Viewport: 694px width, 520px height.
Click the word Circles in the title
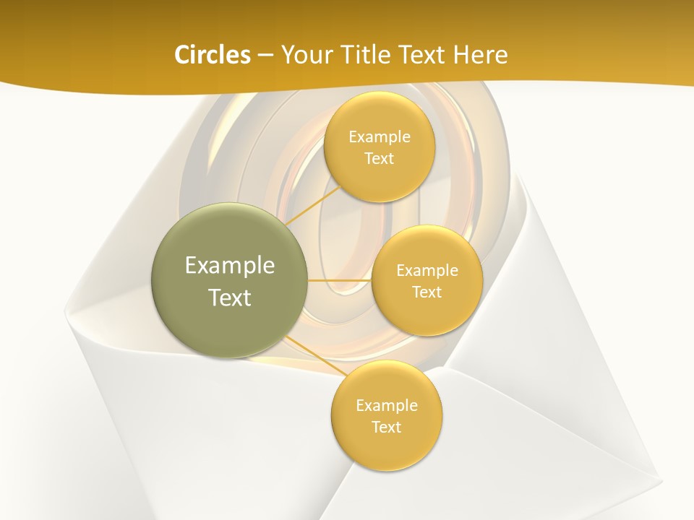212,55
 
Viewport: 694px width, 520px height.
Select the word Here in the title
481,55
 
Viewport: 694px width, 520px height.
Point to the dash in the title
265,56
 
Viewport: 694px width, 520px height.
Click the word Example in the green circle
230,266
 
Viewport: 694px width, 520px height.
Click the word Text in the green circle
230,298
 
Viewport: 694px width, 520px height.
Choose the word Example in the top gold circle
379,136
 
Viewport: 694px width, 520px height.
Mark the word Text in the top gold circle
379,158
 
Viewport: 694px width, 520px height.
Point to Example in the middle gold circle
427,270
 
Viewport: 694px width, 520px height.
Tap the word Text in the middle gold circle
427,292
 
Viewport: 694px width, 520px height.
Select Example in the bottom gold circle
386,405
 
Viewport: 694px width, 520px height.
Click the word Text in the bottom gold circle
386,427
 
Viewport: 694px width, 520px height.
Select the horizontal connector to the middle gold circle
340,280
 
